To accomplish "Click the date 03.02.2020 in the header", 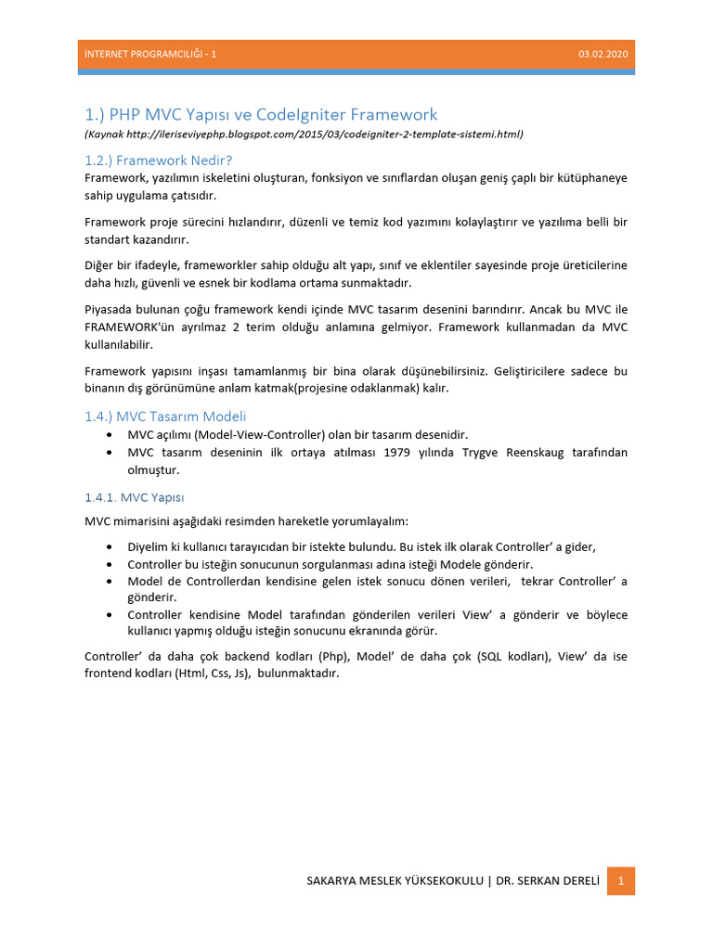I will pyautogui.click(x=603, y=55).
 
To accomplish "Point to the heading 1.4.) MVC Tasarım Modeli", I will pyautogui.click(x=165, y=417).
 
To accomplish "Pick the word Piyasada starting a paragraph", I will pyautogui.click(x=110, y=309).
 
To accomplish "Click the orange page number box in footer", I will pyautogui.click(x=621, y=880).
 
